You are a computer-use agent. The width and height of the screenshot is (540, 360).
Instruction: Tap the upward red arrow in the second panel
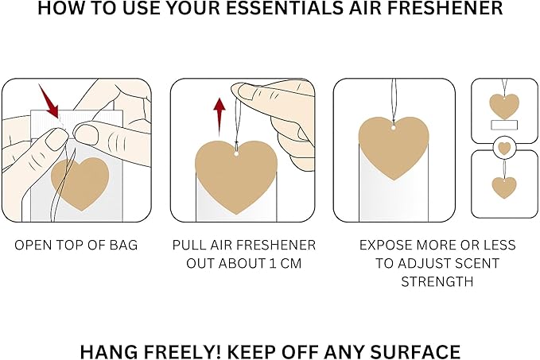(x=219, y=112)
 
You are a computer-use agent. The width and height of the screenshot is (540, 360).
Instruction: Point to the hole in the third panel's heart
(x=393, y=127)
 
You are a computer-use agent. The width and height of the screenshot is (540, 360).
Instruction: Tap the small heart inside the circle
(x=503, y=148)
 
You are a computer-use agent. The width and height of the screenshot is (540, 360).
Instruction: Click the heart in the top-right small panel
(x=503, y=106)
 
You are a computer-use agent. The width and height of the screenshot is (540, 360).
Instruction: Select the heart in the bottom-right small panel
(x=503, y=188)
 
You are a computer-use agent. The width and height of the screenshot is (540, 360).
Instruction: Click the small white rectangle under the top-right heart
(x=503, y=126)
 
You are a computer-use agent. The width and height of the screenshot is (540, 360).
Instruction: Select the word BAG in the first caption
(x=123, y=245)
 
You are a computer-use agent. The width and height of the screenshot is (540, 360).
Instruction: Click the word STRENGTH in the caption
(x=437, y=281)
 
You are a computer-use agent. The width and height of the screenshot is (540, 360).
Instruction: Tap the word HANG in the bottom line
(x=107, y=350)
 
